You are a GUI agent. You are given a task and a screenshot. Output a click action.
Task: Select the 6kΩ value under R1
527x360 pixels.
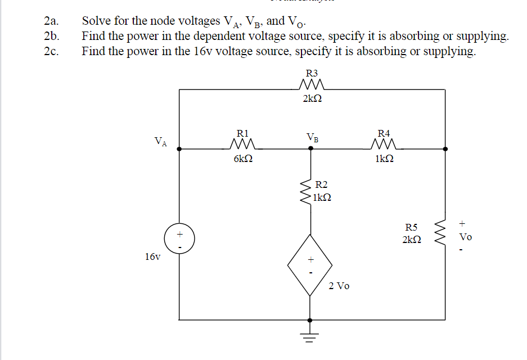click(x=243, y=159)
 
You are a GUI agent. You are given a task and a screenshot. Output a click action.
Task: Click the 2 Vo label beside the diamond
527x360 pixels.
click(x=339, y=286)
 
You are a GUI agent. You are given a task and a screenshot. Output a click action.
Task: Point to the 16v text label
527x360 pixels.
click(x=152, y=257)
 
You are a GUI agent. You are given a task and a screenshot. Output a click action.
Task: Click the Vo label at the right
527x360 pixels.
click(x=466, y=237)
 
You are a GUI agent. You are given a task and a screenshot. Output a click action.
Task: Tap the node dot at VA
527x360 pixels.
click(x=179, y=149)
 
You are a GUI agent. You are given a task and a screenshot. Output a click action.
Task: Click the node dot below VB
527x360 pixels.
click(x=310, y=149)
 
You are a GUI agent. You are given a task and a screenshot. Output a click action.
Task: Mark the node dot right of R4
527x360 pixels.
click(x=445, y=149)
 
